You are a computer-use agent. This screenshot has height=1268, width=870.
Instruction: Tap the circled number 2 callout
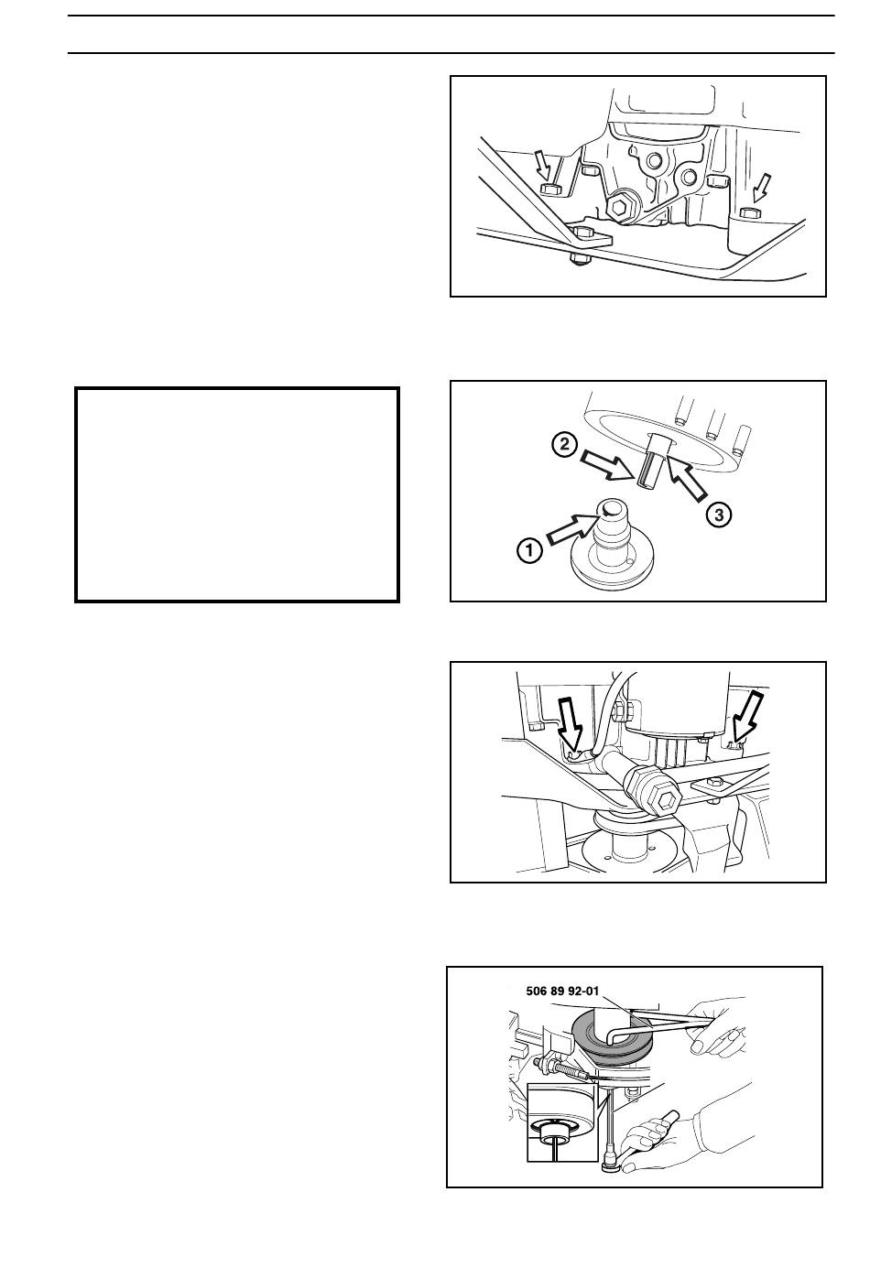point(565,445)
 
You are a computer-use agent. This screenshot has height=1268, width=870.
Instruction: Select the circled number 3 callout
point(719,515)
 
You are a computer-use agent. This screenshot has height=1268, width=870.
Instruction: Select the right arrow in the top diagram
point(761,189)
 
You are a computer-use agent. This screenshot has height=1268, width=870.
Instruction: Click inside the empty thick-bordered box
point(237,494)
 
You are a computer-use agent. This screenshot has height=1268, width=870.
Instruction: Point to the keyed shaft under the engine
point(656,465)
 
